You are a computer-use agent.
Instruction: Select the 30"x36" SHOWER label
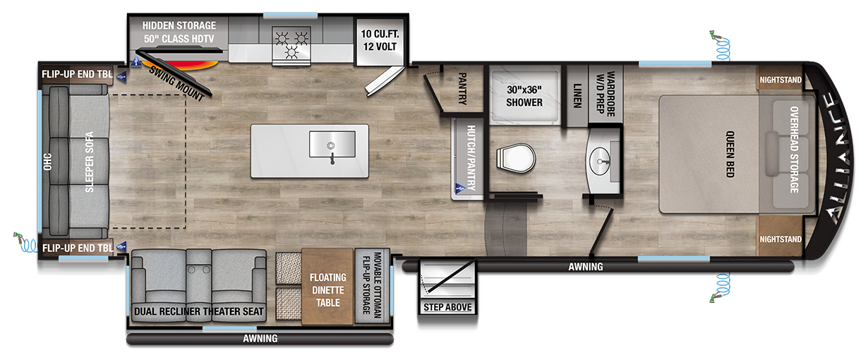tap(524, 96)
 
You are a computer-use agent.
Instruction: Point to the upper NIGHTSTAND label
tap(780, 80)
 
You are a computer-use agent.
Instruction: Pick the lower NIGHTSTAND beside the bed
tap(780, 239)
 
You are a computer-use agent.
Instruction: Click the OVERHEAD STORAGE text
tap(793, 150)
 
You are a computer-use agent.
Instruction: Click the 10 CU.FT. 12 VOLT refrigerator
tap(379, 40)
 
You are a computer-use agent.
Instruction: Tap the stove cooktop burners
tap(291, 41)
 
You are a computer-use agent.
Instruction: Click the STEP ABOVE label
tap(447, 307)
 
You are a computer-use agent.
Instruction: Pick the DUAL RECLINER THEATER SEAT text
tap(199, 311)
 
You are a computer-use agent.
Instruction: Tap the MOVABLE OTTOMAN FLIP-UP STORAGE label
tap(371, 287)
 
